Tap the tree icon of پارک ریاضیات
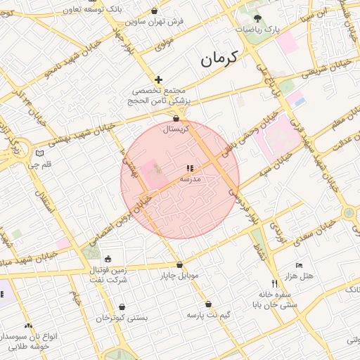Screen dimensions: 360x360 click(257, 19)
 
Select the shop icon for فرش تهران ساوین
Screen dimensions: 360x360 click(155, 11)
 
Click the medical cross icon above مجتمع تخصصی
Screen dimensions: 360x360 click(159, 80)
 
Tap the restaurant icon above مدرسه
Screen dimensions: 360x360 click(188, 169)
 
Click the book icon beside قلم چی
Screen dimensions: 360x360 click(39, 153)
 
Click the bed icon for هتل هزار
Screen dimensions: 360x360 click(299, 266)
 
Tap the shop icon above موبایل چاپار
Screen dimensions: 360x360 click(180, 265)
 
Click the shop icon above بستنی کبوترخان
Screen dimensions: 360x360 click(122, 307)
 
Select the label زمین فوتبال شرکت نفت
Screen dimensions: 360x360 click(108, 275)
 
